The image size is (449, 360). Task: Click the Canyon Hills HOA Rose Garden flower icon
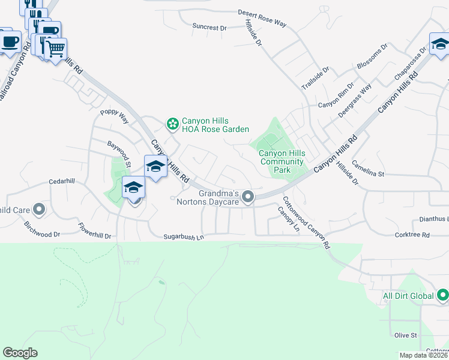point(173,124)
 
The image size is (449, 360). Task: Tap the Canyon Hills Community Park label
point(282,161)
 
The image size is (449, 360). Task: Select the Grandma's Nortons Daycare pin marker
point(247,197)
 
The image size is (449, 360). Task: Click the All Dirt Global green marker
point(442,295)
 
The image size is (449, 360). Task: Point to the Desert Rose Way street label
point(262,17)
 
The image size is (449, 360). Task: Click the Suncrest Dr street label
point(209,27)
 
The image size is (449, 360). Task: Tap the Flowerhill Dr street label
point(95,231)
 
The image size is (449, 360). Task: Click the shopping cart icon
point(56,48)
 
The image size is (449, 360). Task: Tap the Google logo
point(20,353)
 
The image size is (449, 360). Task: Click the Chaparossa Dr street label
point(410,65)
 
